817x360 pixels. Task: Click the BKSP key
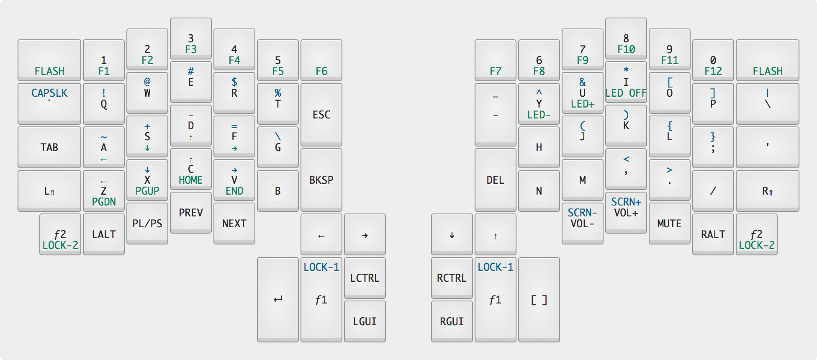[x=321, y=180]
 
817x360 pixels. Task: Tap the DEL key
[x=495, y=180]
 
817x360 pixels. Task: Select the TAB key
[x=49, y=147]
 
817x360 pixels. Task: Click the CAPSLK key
[x=49, y=93]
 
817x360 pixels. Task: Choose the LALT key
[x=104, y=234]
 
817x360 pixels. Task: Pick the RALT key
[x=713, y=234]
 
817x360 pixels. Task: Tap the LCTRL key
[x=365, y=278]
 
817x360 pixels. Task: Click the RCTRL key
[x=452, y=278]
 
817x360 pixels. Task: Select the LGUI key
[x=365, y=321]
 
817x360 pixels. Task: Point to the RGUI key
[x=452, y=321]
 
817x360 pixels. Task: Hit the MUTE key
[x=669, y=224]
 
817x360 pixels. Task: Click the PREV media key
[x=191, y=213]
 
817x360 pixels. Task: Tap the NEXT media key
[x=234, y=224]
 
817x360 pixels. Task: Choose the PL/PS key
[x=147, y=224]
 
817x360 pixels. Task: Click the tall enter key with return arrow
[x=278, y=300]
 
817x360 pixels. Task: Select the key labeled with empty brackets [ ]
[x=539, y=300]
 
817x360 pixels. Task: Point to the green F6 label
[x=321, y=71]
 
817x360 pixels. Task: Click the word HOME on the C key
[x=191, y=180]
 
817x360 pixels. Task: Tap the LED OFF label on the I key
[x=626, y=93]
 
